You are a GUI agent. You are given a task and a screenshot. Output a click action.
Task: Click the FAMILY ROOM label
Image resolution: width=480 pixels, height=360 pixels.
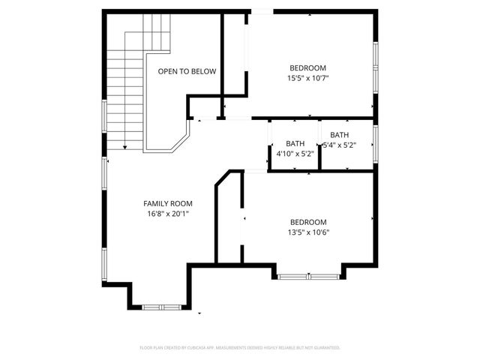coord(168,203)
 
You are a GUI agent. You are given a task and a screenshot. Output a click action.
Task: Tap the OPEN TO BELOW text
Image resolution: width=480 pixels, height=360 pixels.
coord(187,72)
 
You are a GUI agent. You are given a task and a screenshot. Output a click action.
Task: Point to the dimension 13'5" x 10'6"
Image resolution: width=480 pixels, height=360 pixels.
coord(309,232)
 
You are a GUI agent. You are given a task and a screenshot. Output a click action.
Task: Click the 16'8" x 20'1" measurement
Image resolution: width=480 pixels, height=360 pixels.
coord(168,214)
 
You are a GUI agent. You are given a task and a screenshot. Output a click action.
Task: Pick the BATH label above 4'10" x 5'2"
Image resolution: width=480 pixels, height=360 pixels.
coord(295,144)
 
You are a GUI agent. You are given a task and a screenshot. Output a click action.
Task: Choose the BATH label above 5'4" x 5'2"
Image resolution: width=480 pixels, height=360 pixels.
coord(338,135)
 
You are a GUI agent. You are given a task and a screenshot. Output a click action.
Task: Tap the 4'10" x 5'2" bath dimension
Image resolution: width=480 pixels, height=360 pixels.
coord(295,154)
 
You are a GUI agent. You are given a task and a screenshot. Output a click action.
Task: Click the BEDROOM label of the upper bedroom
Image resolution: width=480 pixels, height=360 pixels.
coord(308,67)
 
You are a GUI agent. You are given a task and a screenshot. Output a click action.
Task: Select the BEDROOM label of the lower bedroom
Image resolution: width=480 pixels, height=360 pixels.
coord(309,222)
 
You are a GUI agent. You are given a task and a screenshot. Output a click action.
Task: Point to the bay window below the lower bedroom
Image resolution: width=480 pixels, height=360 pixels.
coord(309,277)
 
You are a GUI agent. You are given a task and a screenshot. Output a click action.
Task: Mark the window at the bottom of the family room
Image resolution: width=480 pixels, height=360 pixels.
coord(160,307)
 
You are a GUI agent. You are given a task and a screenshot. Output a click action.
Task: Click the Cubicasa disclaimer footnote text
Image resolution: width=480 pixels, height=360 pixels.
coord(240,348)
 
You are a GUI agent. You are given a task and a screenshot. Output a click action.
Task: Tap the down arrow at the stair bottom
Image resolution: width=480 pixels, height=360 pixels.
coord(124,147)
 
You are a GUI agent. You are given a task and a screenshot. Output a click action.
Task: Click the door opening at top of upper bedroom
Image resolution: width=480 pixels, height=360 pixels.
coord(262,11)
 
